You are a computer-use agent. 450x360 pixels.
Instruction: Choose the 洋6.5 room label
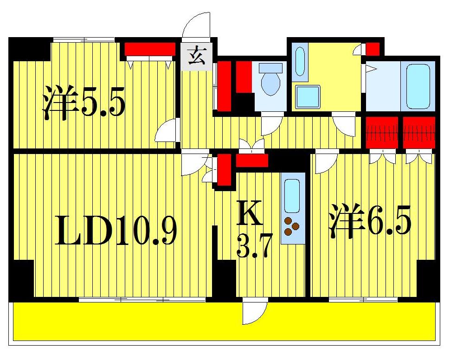pos(370,224)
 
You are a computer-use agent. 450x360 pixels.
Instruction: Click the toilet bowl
pos(270,83)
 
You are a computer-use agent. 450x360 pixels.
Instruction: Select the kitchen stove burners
pos(292,226)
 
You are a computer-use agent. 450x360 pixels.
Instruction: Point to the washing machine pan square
pos(308,96)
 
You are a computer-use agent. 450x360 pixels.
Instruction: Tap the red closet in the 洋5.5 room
pos(149,49)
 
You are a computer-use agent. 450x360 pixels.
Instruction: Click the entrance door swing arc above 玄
pos(198,26)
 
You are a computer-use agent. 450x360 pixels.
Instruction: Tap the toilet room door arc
pos(271,124)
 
